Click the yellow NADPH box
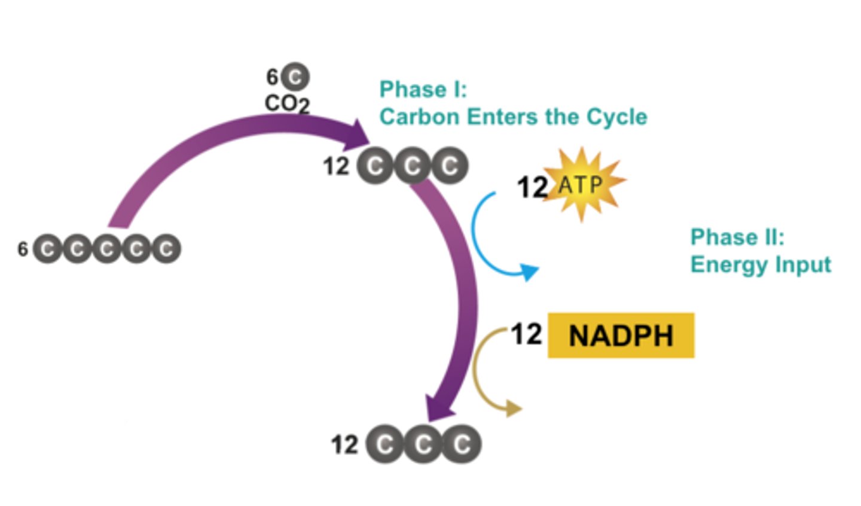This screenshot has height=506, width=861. tap(621, 336)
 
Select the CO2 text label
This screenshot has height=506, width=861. tap(287, 103)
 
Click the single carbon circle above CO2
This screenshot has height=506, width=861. tap(295, 77)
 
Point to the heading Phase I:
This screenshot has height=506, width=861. tap(423, 90)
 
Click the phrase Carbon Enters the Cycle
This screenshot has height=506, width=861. tap(513, 117)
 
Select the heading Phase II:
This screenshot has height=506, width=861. tap(737, 237)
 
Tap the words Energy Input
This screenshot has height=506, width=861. tap(761, 264)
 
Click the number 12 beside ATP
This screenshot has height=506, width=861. tap(532, 187)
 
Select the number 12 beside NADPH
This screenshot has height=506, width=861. tap(526, 334)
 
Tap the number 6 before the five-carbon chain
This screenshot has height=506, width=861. tap(23, 249)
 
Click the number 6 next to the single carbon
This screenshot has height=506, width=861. tap(272, 77)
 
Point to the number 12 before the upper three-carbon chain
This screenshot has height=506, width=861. tap(336, 166)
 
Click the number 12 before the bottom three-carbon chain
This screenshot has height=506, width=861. tap(344, 445)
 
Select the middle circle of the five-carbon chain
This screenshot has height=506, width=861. tap(106, 249)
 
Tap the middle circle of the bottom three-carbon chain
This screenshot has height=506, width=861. tap(423, 444)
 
